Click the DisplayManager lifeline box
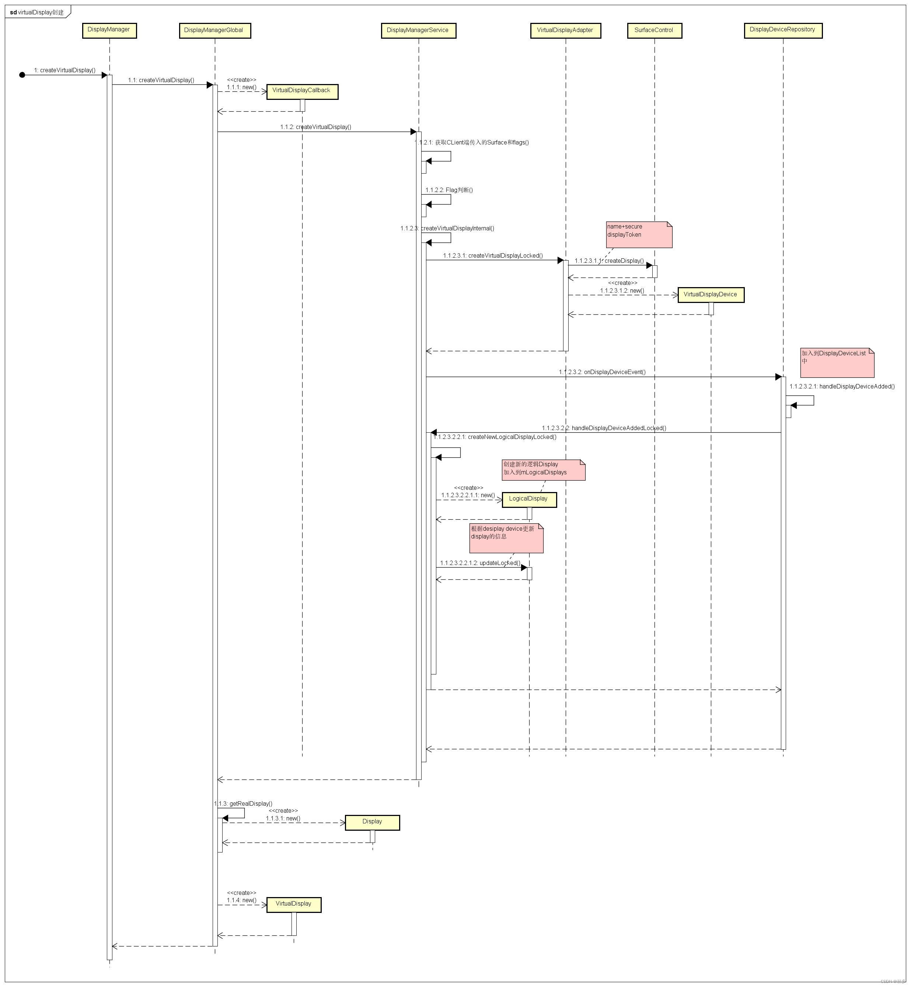pos(109,30)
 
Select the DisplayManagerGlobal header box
pos(214,31)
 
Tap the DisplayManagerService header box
pos(418,31)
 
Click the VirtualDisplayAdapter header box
pos(565,31)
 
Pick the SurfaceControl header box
pos(654,31)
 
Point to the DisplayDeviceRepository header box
pos(783,30)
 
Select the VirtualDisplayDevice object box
pos(711,295)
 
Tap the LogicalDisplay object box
pos(529,499)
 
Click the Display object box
pos(372,822)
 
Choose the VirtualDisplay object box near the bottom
pos(294,905)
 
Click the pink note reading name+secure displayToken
pos(639,235)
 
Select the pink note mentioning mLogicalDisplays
pos(543,470)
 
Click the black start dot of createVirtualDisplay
pos(22,75)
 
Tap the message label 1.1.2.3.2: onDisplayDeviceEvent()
pos(602,372)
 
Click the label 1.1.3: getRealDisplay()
pos(244,803)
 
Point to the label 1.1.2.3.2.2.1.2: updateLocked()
pos(480,563)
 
